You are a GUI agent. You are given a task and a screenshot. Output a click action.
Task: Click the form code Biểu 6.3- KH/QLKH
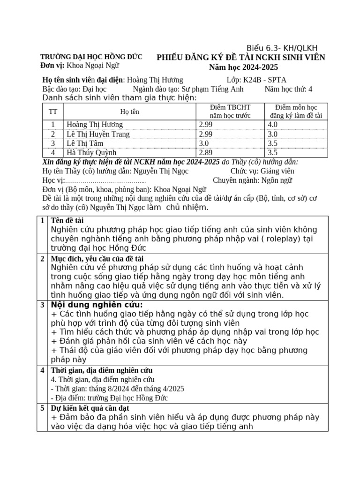coord(282,48)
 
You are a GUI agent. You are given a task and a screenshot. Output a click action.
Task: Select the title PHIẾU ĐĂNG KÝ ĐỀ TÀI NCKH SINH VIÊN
coord(240,58)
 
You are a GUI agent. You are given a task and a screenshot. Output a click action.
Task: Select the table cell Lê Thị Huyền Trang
coord(98,134)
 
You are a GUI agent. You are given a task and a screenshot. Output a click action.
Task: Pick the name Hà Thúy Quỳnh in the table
coord(91,152)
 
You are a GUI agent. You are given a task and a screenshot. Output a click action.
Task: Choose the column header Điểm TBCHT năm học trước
coord(230,112)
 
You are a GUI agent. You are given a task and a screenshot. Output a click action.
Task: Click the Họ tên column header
coord(129,112)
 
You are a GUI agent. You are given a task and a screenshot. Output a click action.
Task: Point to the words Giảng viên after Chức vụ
coord(291,171)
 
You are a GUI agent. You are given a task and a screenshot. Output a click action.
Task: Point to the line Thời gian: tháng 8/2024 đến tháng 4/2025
coord(117,389)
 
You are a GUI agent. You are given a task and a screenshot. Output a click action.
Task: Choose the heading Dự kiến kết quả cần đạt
coord(90,408)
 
